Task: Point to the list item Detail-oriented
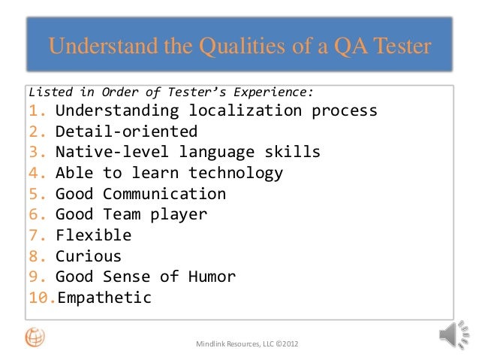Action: [126, 132]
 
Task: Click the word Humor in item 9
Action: [212, 277]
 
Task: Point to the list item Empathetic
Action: [104, 298]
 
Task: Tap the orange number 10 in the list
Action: [41, 298]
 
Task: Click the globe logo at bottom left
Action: [35, 337]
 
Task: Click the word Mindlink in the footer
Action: [213, 344]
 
